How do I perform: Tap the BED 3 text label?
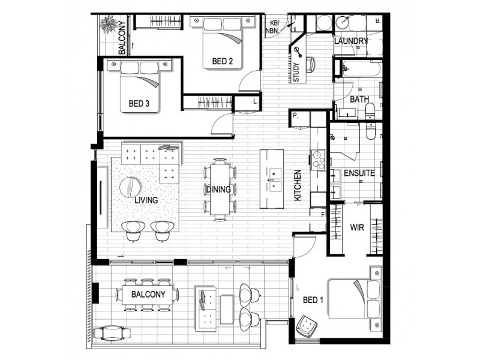coord(139,104)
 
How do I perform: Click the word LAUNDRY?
coord(351,41)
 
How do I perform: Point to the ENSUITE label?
coord(359,173)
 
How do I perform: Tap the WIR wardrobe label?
coord(358,228)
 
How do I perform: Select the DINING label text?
coord(218,190)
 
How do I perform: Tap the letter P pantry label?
coord(296,115)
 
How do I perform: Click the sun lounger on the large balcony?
coord(112,331)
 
